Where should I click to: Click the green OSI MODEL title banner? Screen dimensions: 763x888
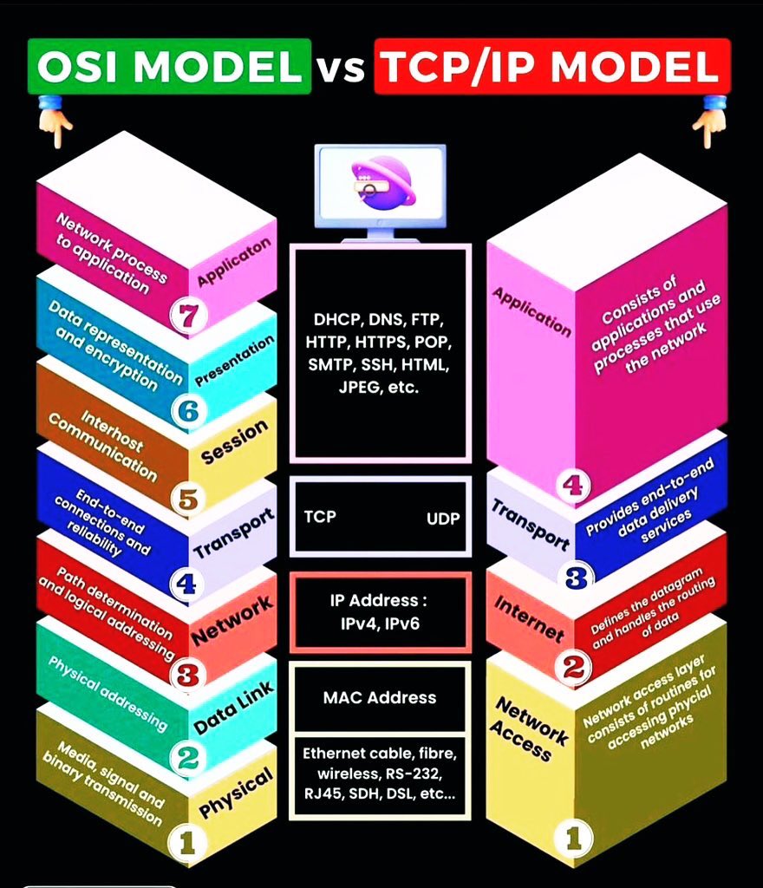click(x=169, y=66)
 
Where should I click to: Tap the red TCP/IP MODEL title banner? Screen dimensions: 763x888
click(x=552, y=66)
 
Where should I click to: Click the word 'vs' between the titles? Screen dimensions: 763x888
click(x=342, y=68)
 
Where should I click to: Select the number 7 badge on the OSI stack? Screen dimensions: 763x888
click(x=187, y=315)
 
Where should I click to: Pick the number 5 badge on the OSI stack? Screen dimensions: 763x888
click(x=187, y=499)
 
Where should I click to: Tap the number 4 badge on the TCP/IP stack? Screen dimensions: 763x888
click(x=573, y=485)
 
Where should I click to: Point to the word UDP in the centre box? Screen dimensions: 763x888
click(x=443, y=519)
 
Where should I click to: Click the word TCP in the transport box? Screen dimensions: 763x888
click(x=320, y=517)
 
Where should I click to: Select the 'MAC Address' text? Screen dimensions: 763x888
click(x=380, y=697)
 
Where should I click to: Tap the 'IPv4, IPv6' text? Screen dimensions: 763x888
click(x=380, y=624)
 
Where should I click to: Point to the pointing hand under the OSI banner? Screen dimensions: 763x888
click(x=55, y=121)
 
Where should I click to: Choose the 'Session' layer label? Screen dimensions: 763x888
click(x=234, y=441)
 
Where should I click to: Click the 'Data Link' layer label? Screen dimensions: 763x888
click(x=234, y=708)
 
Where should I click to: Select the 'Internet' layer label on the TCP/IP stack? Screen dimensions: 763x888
click(x=529, y=619)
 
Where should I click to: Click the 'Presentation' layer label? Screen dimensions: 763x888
click(x=234, y=361)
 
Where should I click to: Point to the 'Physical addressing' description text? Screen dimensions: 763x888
click(x=108, y=693)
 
